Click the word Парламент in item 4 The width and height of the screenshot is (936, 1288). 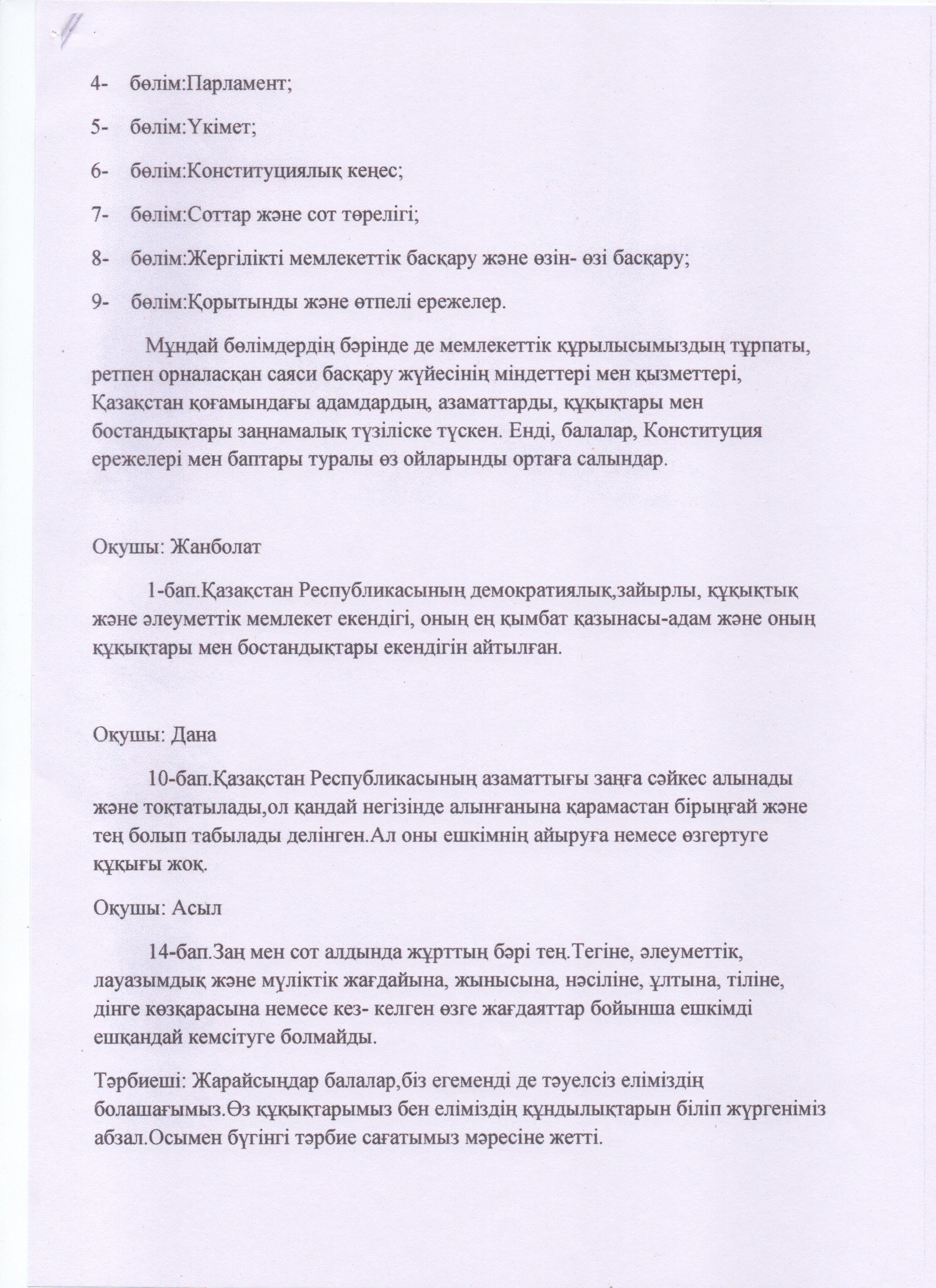[239, 84]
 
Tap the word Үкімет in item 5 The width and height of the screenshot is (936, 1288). [221, 128]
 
